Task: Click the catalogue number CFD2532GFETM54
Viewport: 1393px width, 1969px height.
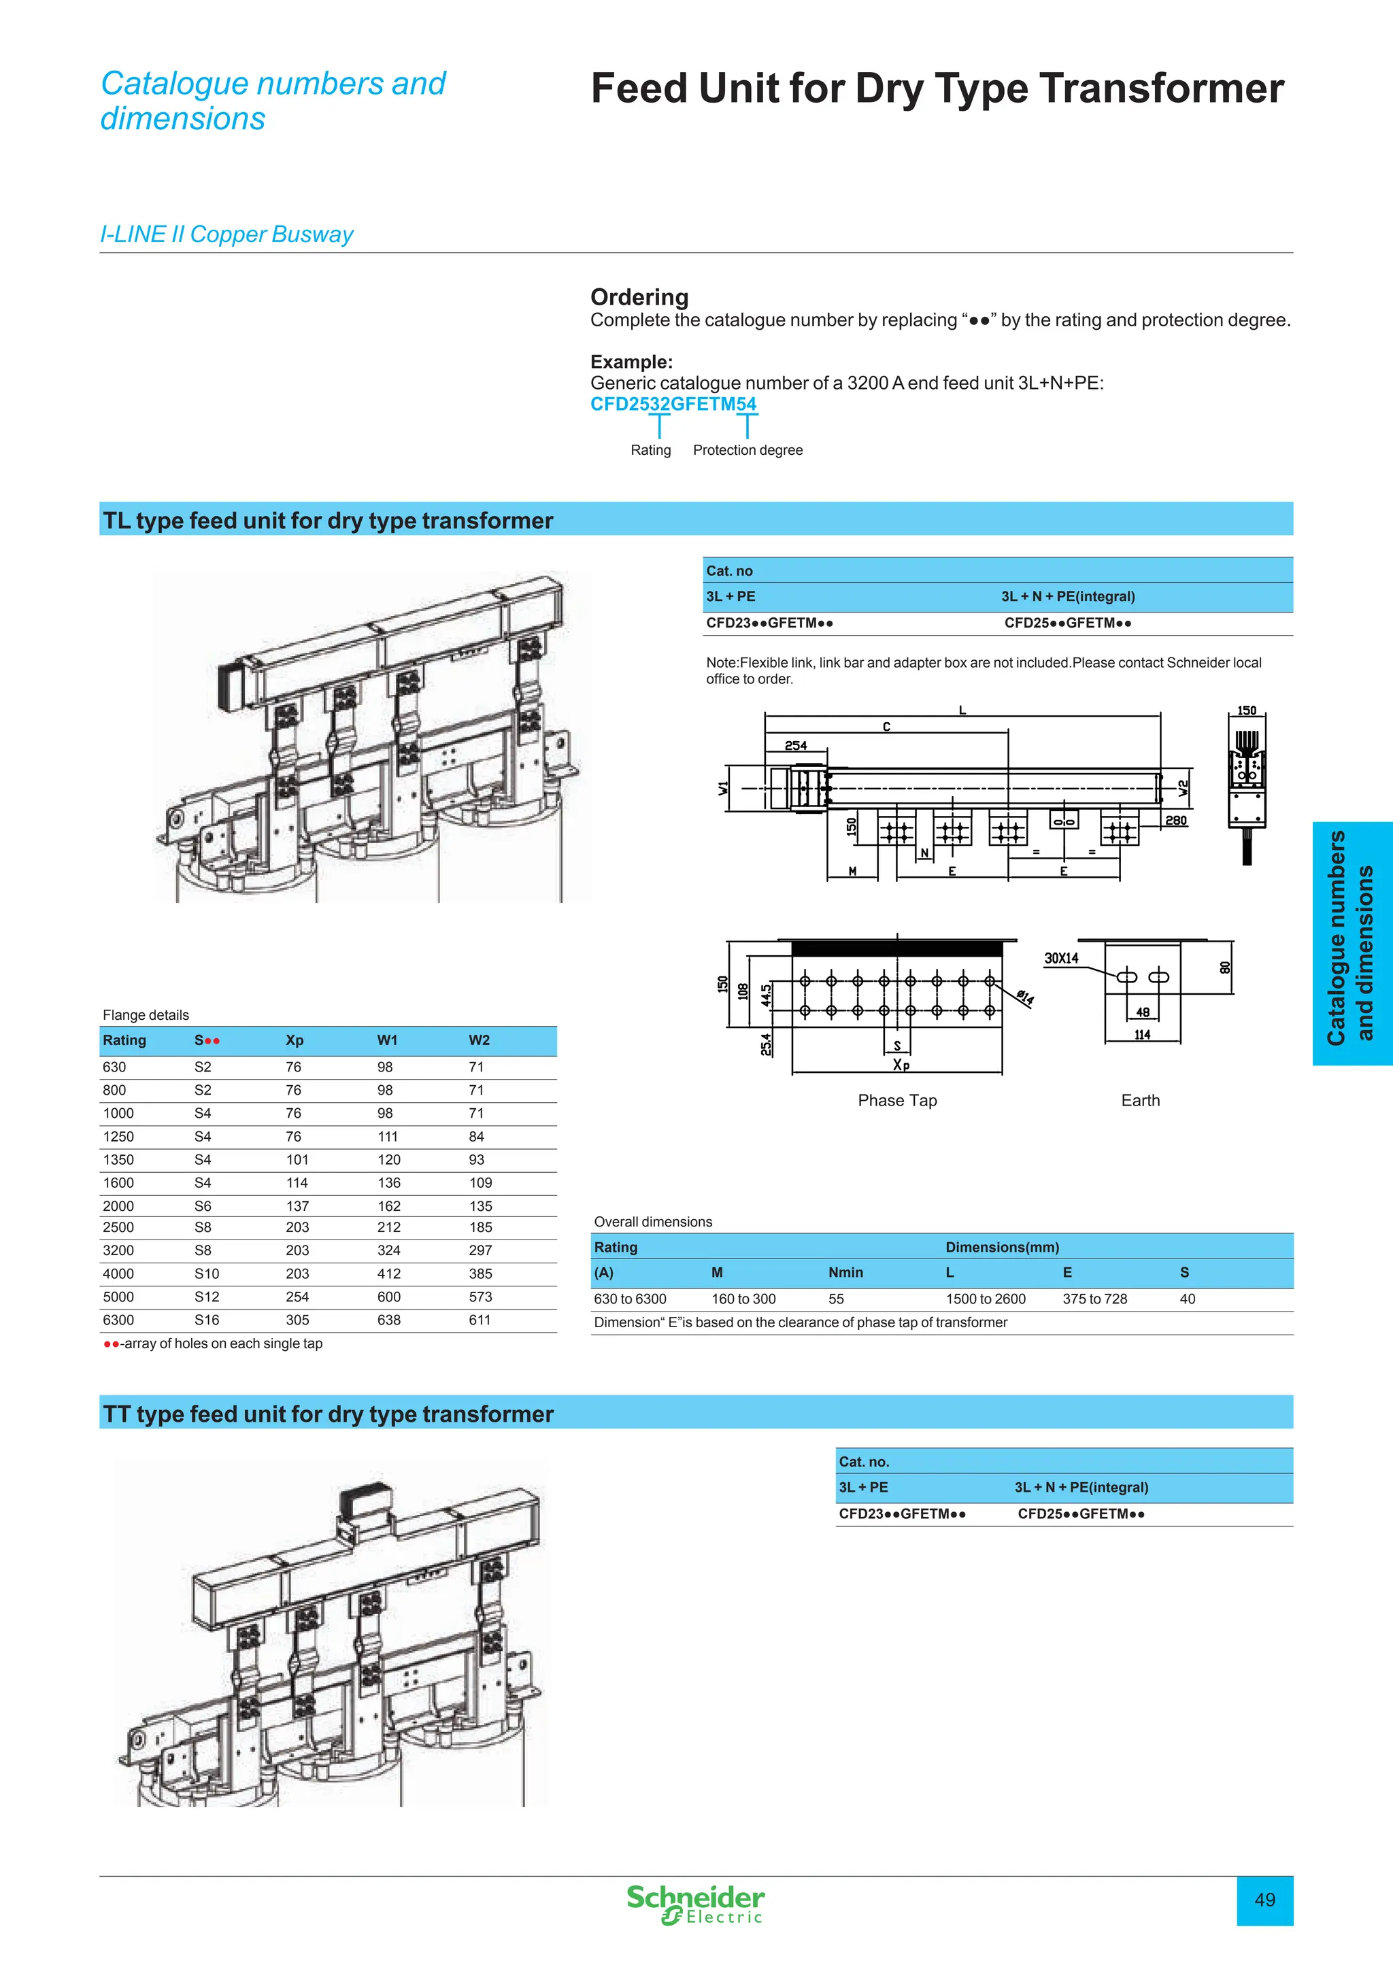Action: tap(673, 404)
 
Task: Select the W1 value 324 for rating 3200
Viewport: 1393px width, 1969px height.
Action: tap(388, 1250)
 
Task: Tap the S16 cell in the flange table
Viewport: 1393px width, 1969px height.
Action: tap(207, 1320)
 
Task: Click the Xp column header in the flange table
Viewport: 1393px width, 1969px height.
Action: tap(295, 1040)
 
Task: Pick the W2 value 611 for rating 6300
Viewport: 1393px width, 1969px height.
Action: tap(480, 1320)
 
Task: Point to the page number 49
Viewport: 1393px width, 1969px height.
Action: tap(1264, 1900)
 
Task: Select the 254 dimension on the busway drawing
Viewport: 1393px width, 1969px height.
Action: tap(795, 745)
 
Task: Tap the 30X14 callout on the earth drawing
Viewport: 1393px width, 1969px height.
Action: tap(1061, 958)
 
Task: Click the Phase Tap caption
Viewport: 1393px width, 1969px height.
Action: tap(897, 1100)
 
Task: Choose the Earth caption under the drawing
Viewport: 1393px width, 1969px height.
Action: tap(1140, 1100)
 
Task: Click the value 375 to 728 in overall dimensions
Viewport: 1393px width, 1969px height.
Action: tap(1094, 1299)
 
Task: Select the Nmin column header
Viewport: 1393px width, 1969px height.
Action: tap(845, 1273)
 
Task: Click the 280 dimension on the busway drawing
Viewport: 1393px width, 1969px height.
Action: tap(1176, 821)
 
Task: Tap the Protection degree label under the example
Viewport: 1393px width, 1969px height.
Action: tap(747, 450)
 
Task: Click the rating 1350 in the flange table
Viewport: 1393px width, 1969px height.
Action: tap(118, 1159)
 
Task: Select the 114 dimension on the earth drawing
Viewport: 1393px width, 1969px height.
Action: tap(1142, 1035)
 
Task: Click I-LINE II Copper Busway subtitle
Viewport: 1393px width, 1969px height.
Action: tap(226, 234)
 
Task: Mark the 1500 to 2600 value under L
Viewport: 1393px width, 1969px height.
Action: tap(986, 1299)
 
